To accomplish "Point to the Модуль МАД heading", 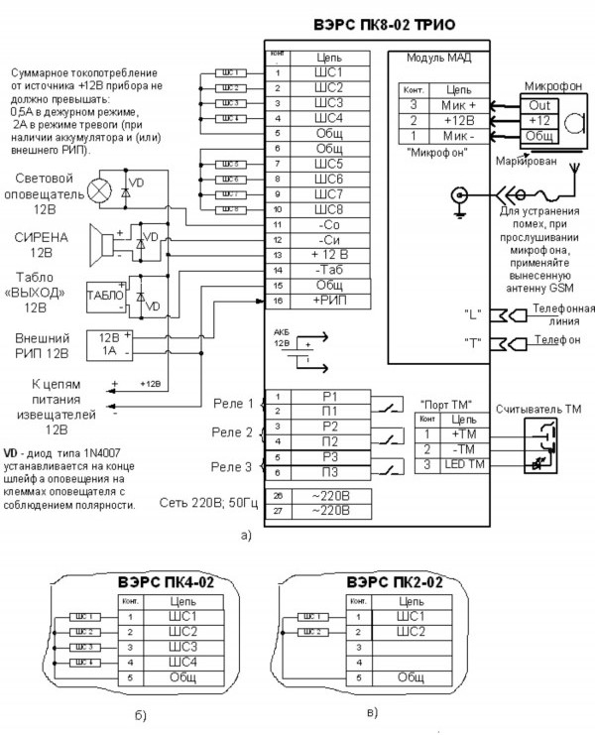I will pyautogui.click(x=433, y=59).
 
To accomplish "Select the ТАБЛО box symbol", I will pyautogui.click(x=104, y=296).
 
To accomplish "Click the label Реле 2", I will pyautogui.click(x=233, y=432).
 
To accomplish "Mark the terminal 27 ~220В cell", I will pyautogui.click(x=330, y=510).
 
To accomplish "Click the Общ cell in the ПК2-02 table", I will pyautogui.click(x=411, y=675).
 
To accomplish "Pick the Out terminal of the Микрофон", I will pyautogui.click(x=538, y=103).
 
